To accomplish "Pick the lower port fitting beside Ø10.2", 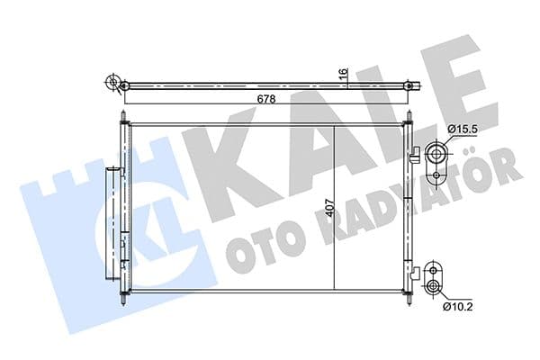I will (x=436, y=278).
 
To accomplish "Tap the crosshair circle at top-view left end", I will (x=113, y=85).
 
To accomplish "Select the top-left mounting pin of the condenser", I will (x=121, y=118).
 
